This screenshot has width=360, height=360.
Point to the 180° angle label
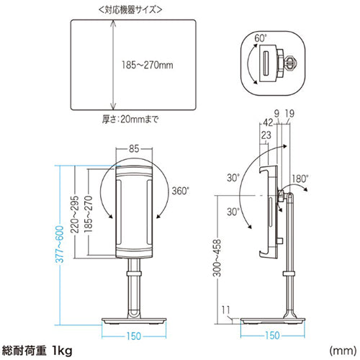(301, 176)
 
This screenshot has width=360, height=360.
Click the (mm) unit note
(342, 351)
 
